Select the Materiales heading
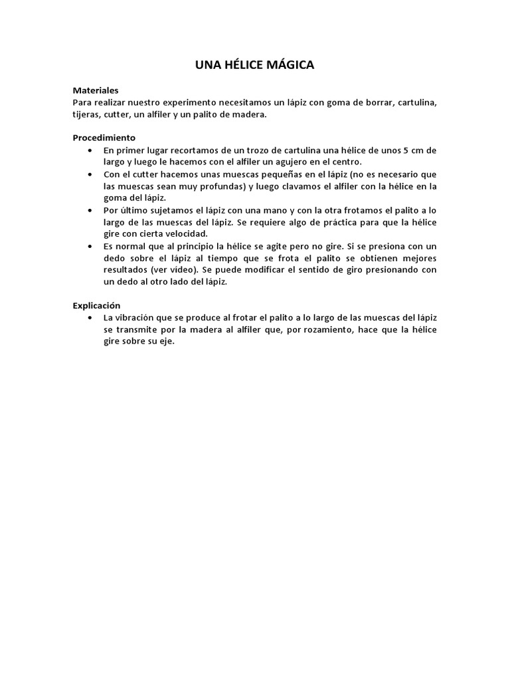click(x=95, y=90)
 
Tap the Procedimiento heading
click(x=104, y=138)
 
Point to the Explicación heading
click(x=96, y=306)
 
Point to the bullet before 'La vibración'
click(x=90, y=318)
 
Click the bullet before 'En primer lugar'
click(x=90, y=151)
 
